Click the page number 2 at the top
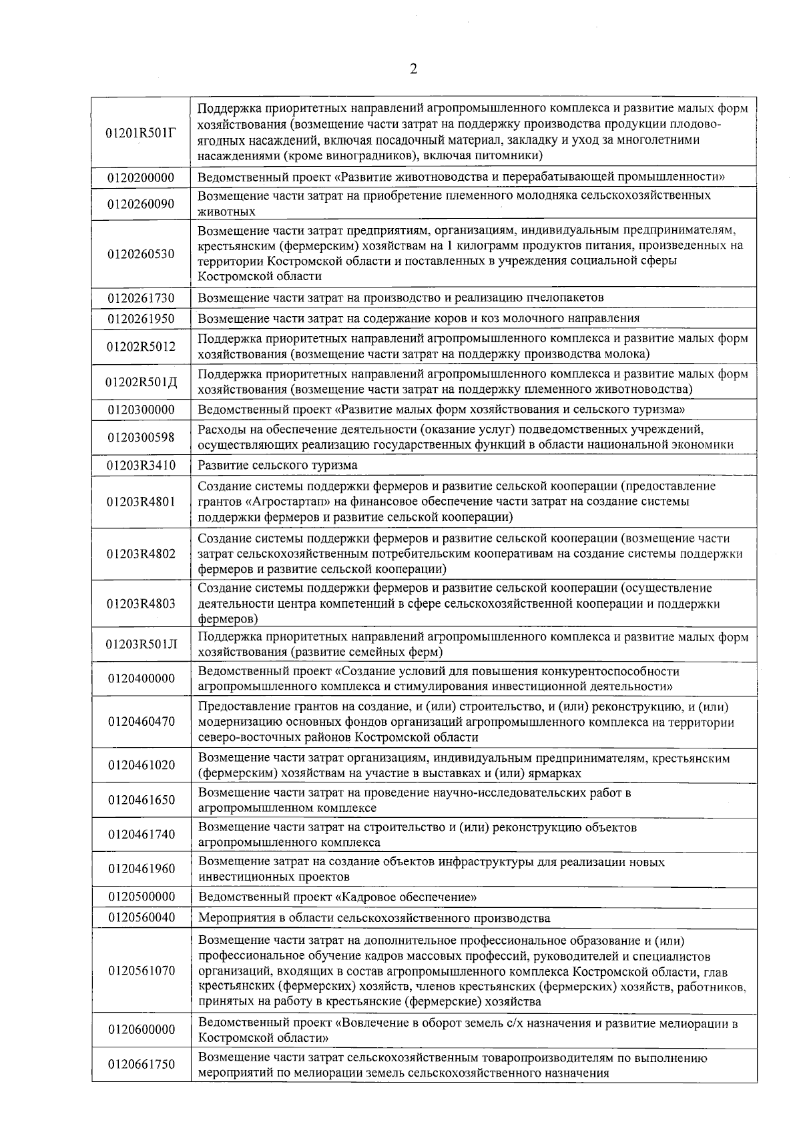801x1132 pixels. tap(413, 69)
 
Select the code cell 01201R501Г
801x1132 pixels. tap(142, 132)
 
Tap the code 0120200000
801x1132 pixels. tap(141, 177)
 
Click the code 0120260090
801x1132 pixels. tap(141, 203)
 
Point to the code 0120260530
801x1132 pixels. tap(141, 253)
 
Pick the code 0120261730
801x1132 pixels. tap(141, 298)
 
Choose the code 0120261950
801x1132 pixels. tap(141, 319)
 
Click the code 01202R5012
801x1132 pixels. tap(141, 347)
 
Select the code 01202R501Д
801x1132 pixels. tap(142, 382)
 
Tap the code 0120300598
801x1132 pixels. tap(141, 437)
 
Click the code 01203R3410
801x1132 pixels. tap(141, 465)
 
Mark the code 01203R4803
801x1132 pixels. tap(141, 604)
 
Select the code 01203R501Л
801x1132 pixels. tap(142, 644)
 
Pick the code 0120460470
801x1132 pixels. tap(141, 722)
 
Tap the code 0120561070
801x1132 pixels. tap(141, 971)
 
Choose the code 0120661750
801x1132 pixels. tap(141, 1064)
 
